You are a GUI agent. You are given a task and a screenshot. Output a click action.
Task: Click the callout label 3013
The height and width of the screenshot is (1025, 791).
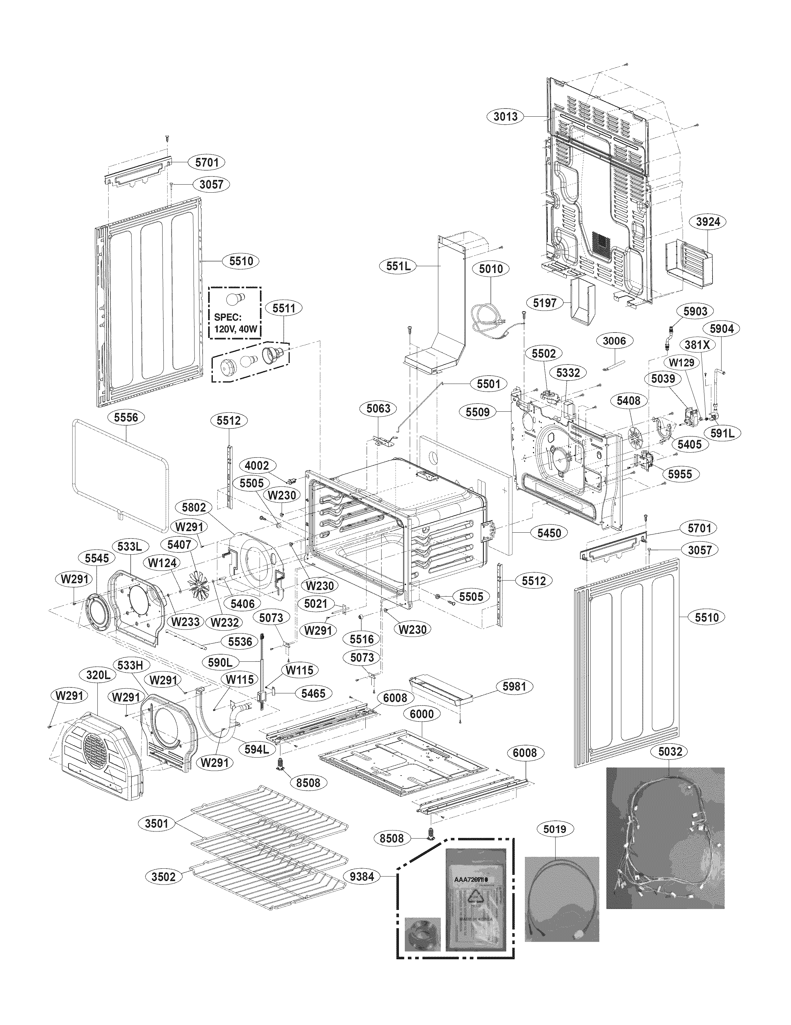pos(505,116)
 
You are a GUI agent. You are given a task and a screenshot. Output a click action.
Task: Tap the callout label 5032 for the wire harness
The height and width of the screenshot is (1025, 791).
pos(670,751)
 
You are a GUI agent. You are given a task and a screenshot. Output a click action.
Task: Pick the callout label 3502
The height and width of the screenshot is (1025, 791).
pos(163,877)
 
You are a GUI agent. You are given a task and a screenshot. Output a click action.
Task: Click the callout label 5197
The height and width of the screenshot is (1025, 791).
pos(545,303)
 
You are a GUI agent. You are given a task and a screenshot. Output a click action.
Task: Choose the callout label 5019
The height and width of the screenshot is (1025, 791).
pos(555,829)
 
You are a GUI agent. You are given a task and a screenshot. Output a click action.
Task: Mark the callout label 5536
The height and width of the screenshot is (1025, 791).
pos(240,642)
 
